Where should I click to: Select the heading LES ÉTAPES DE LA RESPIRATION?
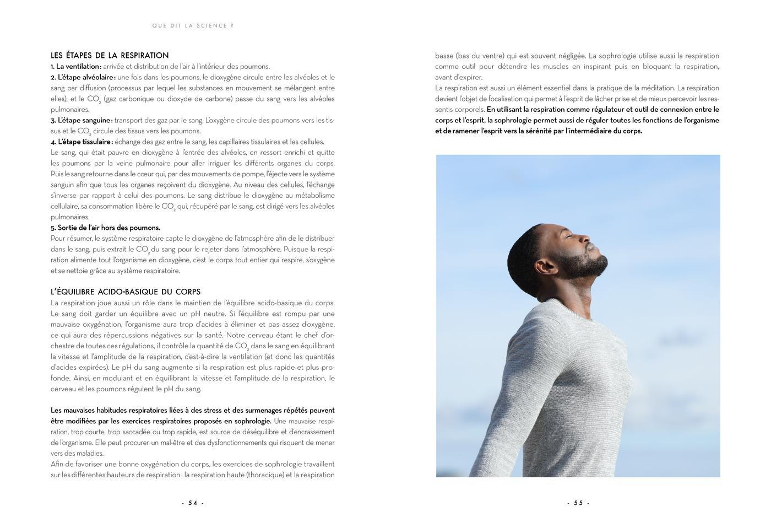110,56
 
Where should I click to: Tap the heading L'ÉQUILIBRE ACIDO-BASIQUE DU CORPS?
126,292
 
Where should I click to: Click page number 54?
193,503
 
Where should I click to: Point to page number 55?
578,503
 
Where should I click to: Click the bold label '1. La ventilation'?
75,67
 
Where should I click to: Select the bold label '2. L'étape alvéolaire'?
83,77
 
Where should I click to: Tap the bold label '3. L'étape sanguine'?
81,120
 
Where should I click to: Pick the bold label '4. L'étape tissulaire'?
82,142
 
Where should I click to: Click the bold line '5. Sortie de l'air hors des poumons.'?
106,228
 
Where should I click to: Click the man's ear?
547,267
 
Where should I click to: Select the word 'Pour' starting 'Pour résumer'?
58,239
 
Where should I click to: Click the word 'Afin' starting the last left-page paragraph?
57,464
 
